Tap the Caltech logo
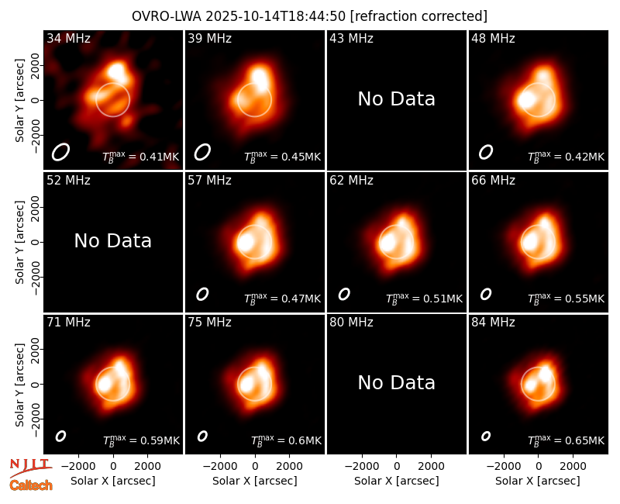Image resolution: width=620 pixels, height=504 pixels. pyautogui.click(x=31, y=485)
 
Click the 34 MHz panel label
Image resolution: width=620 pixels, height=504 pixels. pyautogui.click(x=68, y=38)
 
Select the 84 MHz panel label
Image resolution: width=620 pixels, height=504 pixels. pyautogui.click(x=493, y=323)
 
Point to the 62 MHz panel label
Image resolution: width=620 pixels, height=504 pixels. pyautogui.click(x=351, y=181)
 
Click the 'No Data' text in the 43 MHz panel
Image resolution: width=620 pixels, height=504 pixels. pyautogui.click(x=397, y=99)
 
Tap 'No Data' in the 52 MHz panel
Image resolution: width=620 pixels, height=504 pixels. pyautogui.click(x=112, y=241)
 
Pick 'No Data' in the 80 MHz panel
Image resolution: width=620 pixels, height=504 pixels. pyautogui.click(x=397, y=383)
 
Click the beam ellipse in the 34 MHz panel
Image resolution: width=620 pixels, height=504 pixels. pyautogui.click(x=60, y=152)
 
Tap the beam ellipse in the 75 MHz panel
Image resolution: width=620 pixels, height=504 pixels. pyautogui.click(x=202, y=436)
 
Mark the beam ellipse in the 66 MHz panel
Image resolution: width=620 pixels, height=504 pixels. pyautogui.click(x=486, y=294)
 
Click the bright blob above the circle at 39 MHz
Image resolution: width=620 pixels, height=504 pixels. pyautogui.click(x=259, y=76)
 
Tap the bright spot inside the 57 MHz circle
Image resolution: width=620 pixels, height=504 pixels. pyautogui.click(x=246, y=242)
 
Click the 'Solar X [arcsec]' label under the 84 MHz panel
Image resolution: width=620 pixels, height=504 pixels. pyautogui.click(x=538, y=481)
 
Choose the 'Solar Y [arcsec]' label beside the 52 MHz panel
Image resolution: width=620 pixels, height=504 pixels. pyautogui.click(x=20, y=242)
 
